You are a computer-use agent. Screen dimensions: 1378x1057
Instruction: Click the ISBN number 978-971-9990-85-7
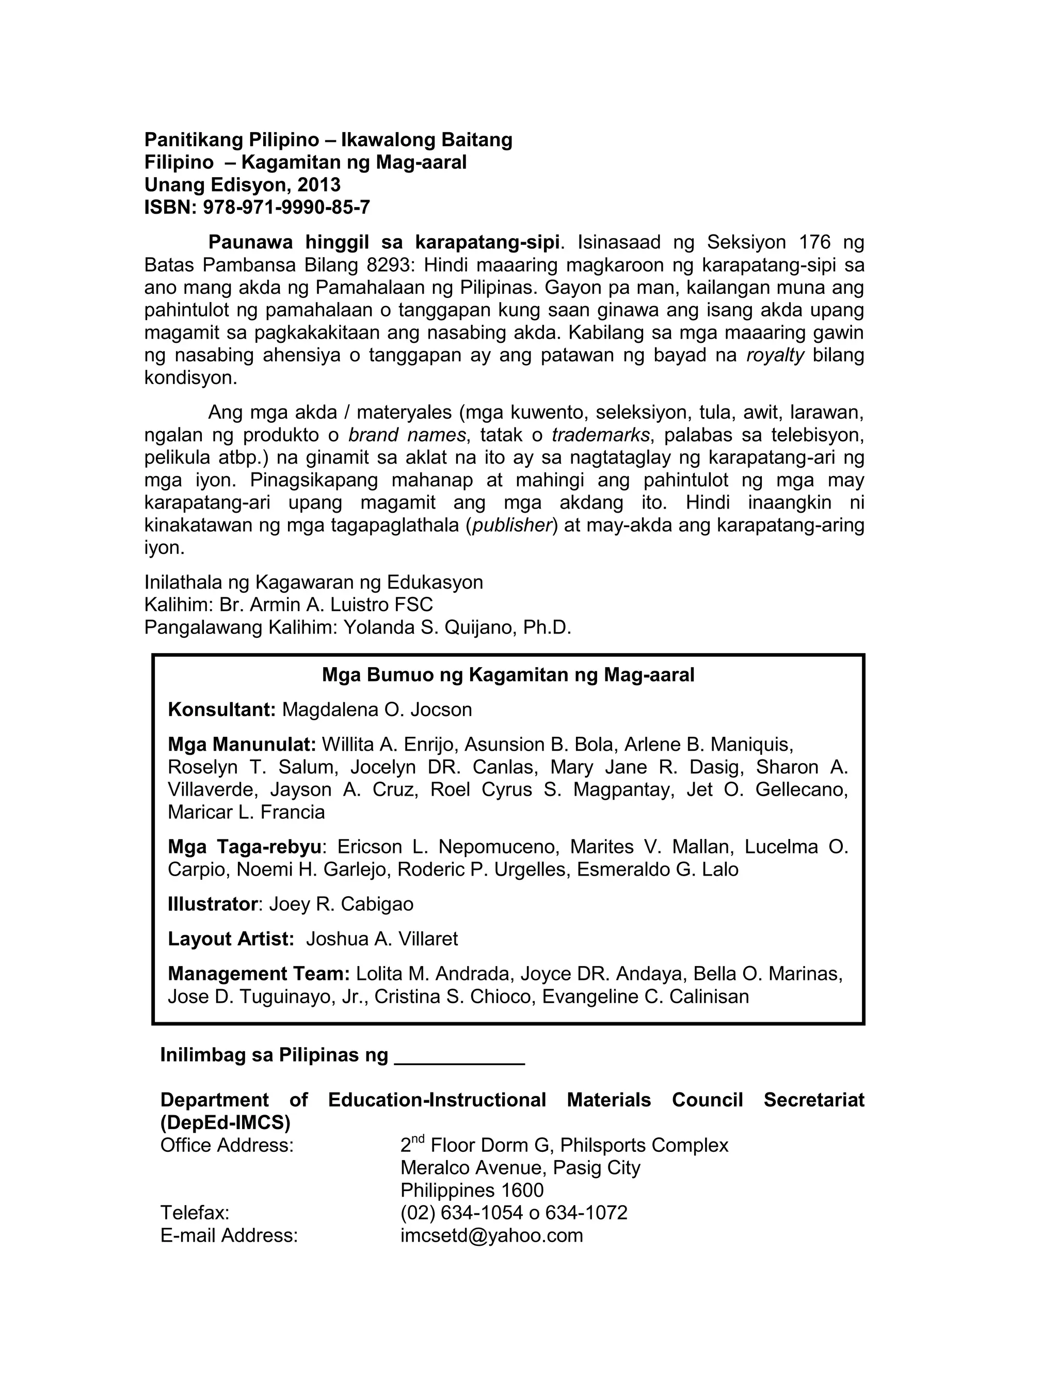(x=286, y=208)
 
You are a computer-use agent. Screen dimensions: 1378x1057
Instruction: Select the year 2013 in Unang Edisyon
(x=318, y=185)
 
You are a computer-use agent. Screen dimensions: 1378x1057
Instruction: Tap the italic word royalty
(x=775, y=356)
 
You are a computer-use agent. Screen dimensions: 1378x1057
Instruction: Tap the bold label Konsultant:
(x=221, y=710)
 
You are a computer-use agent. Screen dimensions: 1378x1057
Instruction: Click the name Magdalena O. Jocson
(x=377, y=710)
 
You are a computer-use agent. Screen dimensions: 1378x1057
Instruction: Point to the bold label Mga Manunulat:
(x=242, y=745)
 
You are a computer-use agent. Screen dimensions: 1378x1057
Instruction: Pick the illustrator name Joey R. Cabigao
(x=341, y=905)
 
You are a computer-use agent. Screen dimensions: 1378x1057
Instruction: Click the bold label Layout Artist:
(x=231, y=940)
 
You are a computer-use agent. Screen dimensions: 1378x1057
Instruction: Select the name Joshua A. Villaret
(x=382, y=940)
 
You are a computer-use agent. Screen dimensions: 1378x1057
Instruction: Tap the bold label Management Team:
(x=259, y=974)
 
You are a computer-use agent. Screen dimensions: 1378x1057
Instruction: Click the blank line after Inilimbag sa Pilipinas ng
(x=459, y=1056)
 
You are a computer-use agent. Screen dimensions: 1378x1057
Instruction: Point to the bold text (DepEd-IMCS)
(x=225, y=1123)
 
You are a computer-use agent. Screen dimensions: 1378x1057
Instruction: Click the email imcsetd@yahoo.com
(x=491, y=1236)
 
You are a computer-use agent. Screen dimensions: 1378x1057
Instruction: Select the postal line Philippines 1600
(x=471, y=1191)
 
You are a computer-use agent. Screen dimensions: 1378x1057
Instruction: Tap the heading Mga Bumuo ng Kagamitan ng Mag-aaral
(x=508, y=675)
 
